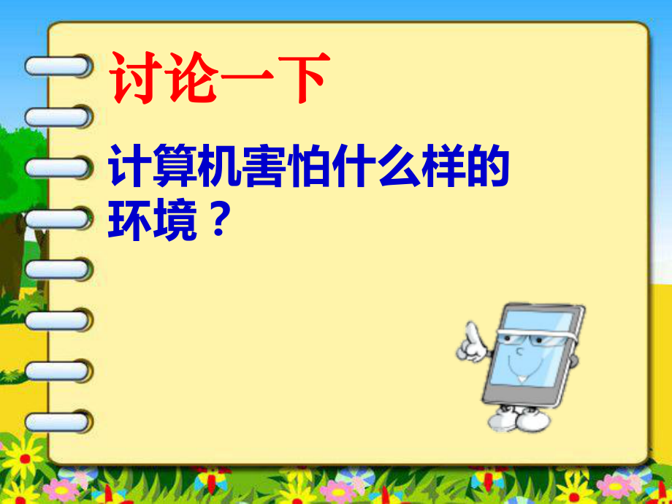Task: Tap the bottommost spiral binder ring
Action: (58, 422)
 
